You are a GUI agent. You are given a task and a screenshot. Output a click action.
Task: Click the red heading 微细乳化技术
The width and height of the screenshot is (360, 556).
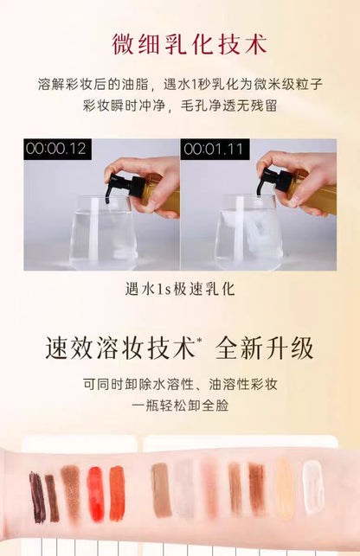[x=190, y=44]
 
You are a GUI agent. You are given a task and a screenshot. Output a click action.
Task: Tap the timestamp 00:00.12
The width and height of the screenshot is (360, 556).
[x=56, y=148]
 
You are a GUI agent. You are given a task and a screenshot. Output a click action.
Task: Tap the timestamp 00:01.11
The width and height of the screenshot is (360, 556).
[x=214, y=149]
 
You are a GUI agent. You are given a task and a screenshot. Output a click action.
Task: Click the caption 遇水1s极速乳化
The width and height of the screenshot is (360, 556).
[x=180, y=289]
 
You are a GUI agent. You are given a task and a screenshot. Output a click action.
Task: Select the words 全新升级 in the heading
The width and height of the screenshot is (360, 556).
[x=264, y=348]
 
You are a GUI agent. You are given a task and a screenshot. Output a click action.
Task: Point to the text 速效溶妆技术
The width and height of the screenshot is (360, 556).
[x=120, y=348]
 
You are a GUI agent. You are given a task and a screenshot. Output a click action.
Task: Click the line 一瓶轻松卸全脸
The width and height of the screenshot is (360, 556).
[x=180, y=406]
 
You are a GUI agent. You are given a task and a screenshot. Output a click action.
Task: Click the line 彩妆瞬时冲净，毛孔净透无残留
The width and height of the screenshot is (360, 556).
[x=180, y=105]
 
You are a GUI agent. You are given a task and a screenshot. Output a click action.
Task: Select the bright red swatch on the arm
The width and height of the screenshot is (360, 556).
[x=96, y=494]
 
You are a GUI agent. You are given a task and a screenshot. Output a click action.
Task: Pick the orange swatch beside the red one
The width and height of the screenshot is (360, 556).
[x=117, y=493]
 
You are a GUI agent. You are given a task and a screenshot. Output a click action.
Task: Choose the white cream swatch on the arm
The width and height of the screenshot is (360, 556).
[x=313, y=487]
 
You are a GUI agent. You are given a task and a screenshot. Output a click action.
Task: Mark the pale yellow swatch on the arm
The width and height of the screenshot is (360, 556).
[x=285, y=489]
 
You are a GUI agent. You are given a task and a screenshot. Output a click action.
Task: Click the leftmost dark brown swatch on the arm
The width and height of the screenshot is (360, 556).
[x=37, y=497]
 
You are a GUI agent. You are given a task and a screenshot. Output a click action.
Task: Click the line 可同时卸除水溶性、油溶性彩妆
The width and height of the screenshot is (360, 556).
[x=180, y=384]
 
